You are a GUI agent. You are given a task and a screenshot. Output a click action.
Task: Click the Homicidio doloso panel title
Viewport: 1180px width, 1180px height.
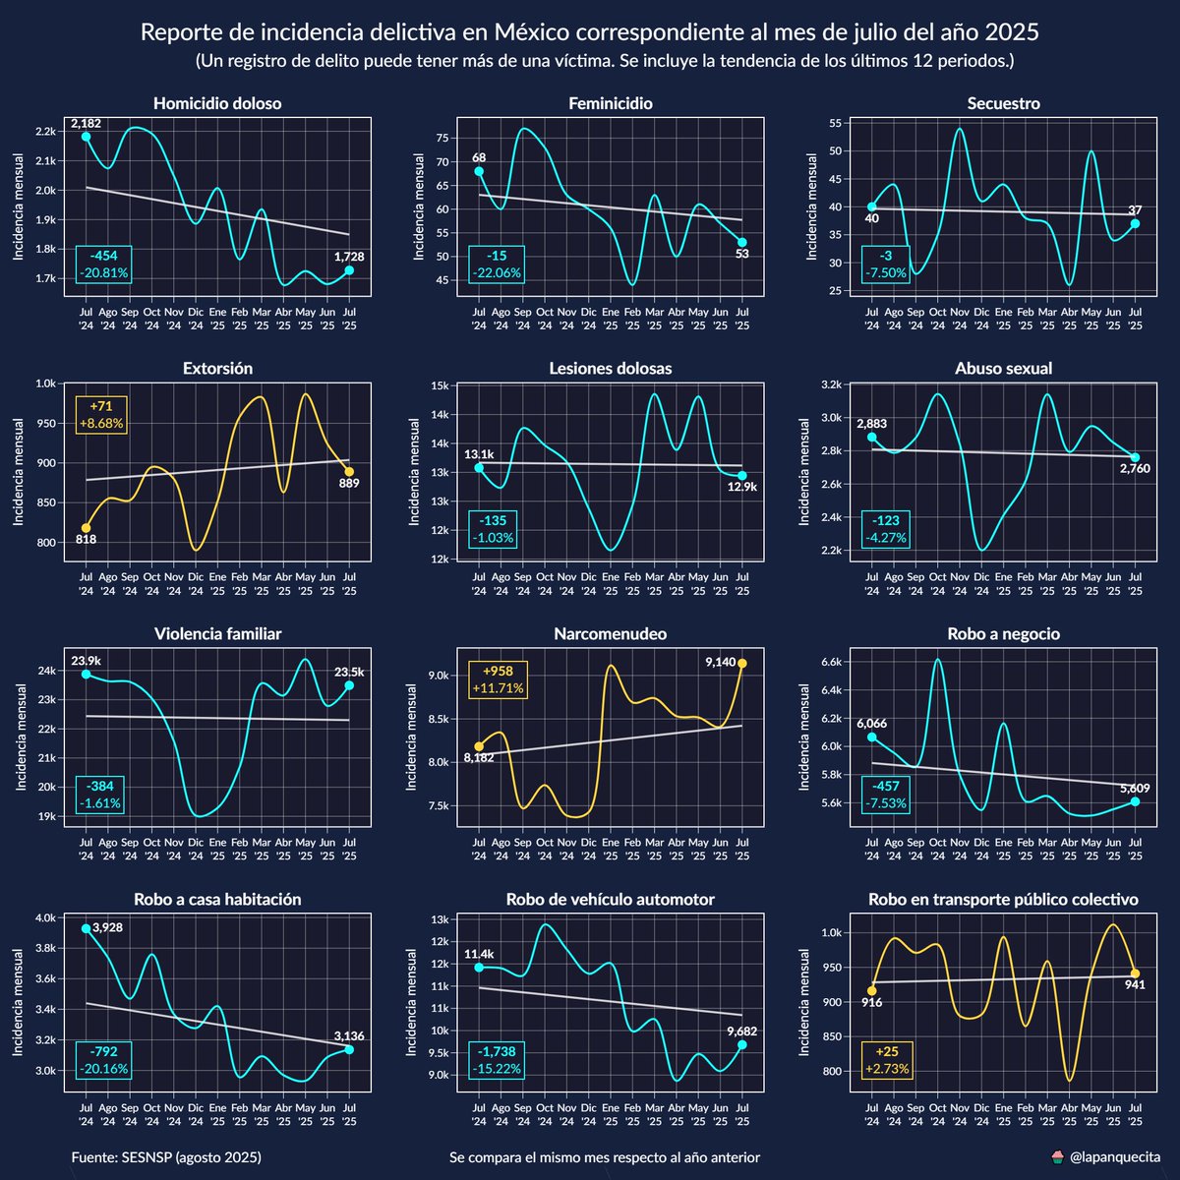coord(217,103)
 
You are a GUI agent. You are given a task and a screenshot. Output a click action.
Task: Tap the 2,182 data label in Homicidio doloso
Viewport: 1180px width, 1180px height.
coord(86,123)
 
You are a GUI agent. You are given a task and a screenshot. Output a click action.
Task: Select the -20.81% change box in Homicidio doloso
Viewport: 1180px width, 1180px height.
coord(103,264)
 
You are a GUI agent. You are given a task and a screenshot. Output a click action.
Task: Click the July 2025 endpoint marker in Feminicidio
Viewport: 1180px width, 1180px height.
coord(742,242)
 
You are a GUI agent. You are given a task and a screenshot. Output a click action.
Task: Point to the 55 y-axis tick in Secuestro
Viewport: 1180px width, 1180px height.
coord(833,123)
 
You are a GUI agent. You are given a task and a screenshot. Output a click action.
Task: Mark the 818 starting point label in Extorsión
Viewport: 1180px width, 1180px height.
coord(86,539)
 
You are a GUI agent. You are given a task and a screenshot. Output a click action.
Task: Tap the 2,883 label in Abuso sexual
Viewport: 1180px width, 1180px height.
coord(870,424)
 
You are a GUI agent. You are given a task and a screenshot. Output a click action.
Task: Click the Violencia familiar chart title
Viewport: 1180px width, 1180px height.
coord(217,634)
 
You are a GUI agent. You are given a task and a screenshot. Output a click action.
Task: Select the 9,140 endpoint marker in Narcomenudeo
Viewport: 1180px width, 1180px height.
coord(742,663)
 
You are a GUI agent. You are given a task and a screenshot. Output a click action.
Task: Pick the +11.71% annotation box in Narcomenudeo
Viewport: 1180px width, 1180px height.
coord(497,678)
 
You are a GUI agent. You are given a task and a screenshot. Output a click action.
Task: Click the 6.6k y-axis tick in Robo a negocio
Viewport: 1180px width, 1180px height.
coord(830,663)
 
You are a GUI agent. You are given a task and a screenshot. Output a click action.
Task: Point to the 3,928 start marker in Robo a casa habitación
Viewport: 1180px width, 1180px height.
coord(86,928)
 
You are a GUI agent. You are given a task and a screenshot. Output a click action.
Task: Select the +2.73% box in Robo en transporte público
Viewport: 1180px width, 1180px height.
coord(887,1060)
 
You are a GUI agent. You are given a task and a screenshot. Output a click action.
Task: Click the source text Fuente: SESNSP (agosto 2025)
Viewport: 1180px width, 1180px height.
coord(166,1157)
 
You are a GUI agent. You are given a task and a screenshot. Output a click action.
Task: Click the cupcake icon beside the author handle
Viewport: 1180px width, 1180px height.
coord(1057,1157)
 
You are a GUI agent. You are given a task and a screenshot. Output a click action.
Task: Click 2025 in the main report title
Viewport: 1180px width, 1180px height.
coord(1008,32)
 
